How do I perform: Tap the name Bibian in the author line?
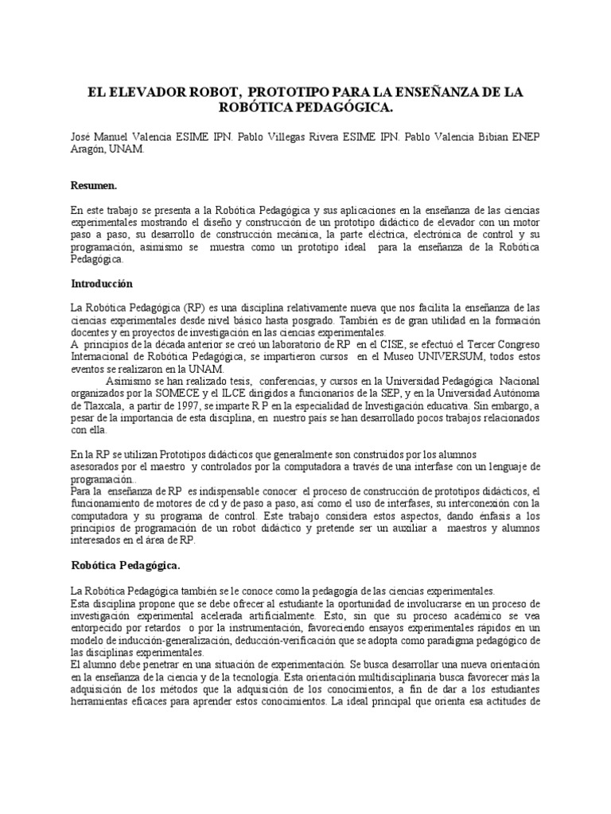pyautogui.click(x=494, y=137)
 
